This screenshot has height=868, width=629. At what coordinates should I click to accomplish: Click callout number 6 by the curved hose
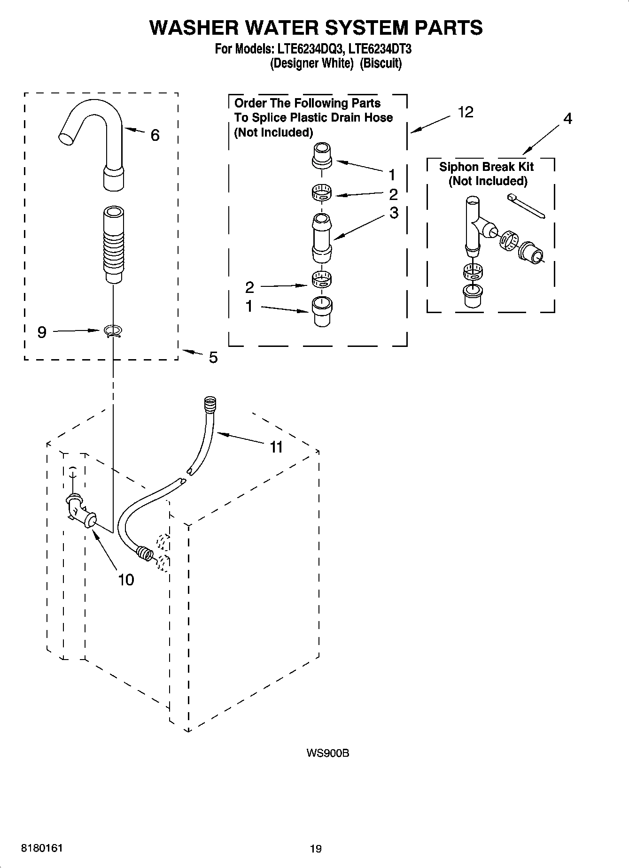155,136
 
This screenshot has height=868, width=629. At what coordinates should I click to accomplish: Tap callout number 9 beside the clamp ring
42,332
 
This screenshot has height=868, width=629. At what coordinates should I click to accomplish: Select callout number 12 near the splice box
466,113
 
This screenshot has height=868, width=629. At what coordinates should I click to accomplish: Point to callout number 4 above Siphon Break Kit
567,119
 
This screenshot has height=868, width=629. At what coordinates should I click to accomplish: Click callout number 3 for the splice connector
394,213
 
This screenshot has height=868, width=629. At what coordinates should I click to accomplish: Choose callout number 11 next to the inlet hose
276,447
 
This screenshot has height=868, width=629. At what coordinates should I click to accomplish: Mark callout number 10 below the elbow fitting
126,580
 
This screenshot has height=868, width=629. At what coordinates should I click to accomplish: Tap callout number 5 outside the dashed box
213,358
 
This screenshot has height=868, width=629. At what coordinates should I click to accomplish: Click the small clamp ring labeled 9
113,332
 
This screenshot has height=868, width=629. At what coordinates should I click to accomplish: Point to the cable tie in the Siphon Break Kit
526,207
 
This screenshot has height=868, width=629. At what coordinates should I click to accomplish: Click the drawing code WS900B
327,753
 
